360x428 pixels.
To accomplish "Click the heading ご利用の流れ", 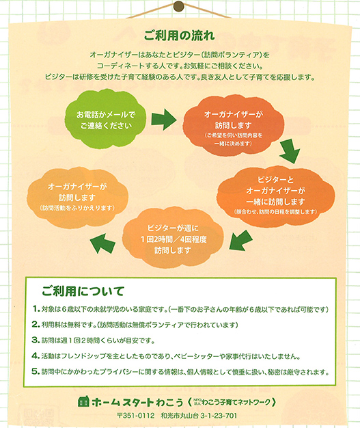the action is (x=179, y=36).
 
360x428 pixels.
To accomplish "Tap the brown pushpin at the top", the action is (x=179, y=6).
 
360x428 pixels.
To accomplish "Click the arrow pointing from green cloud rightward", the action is (x=164, y=119).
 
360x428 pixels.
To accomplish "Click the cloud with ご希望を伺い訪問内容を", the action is (x=234, y=126).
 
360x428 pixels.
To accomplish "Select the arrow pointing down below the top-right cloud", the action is (x=290, y=151).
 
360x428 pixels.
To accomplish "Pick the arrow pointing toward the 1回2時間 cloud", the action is (x=240, y=240).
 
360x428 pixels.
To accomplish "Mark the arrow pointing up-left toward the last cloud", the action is (x=102, y=244).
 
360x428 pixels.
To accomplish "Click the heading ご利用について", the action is (x=83, y=291).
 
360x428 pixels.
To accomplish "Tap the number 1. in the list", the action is (x=36, y=309).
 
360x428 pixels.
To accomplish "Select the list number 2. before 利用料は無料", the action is (x=36, y=325).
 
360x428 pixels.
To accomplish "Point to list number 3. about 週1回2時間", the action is (x=36, y=340).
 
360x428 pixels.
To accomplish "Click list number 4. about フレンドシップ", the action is (x=36, y=356).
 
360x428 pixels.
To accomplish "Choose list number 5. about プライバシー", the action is (x=36, y=371).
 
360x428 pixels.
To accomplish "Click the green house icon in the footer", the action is (x=83, y=401).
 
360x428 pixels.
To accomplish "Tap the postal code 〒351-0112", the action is (x=136, y=416).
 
